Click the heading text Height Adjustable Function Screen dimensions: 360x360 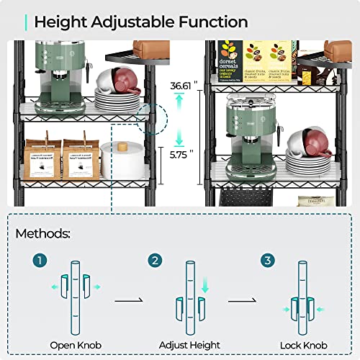[141, 22]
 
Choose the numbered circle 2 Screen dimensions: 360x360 [154, 258]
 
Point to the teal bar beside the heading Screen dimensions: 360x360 [26, 22]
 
